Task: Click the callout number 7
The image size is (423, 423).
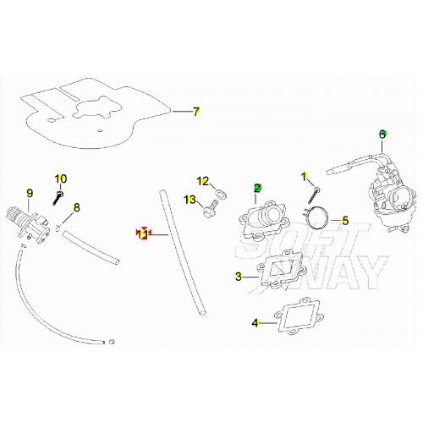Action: coord(196,111)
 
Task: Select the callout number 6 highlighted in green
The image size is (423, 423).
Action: coord(382,134)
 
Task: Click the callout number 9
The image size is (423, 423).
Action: coord(30,193)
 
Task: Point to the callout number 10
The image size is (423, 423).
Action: coord(60,179)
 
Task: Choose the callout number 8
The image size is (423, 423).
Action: coord(76,207)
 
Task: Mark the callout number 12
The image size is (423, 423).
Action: coord(202,181)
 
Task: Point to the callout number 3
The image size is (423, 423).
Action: coord(239,276)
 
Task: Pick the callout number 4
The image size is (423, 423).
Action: coord(255,323)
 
